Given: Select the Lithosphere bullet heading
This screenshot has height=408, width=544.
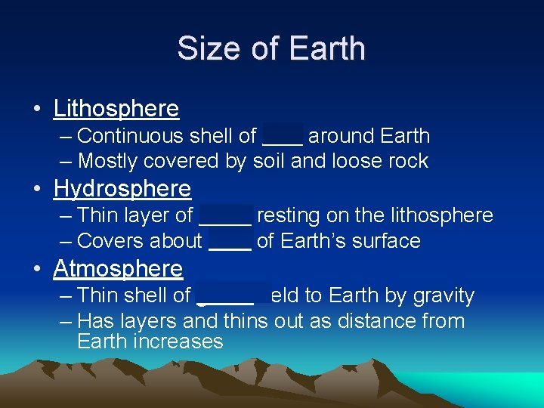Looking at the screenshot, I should pos(116,109).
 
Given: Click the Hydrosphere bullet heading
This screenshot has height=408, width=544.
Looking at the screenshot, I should pos(122,188).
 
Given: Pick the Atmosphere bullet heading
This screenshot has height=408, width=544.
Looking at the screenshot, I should pos(118,268).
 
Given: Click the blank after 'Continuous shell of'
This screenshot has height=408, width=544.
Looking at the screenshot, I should pos(283,137).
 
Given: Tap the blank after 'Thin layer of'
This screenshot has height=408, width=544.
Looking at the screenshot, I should pos(225,216).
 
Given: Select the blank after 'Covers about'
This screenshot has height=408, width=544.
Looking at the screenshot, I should pos(230,242).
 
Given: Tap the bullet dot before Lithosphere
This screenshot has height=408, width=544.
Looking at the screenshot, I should pos(37,110).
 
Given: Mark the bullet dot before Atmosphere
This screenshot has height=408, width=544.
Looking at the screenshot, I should pos(37,269).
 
